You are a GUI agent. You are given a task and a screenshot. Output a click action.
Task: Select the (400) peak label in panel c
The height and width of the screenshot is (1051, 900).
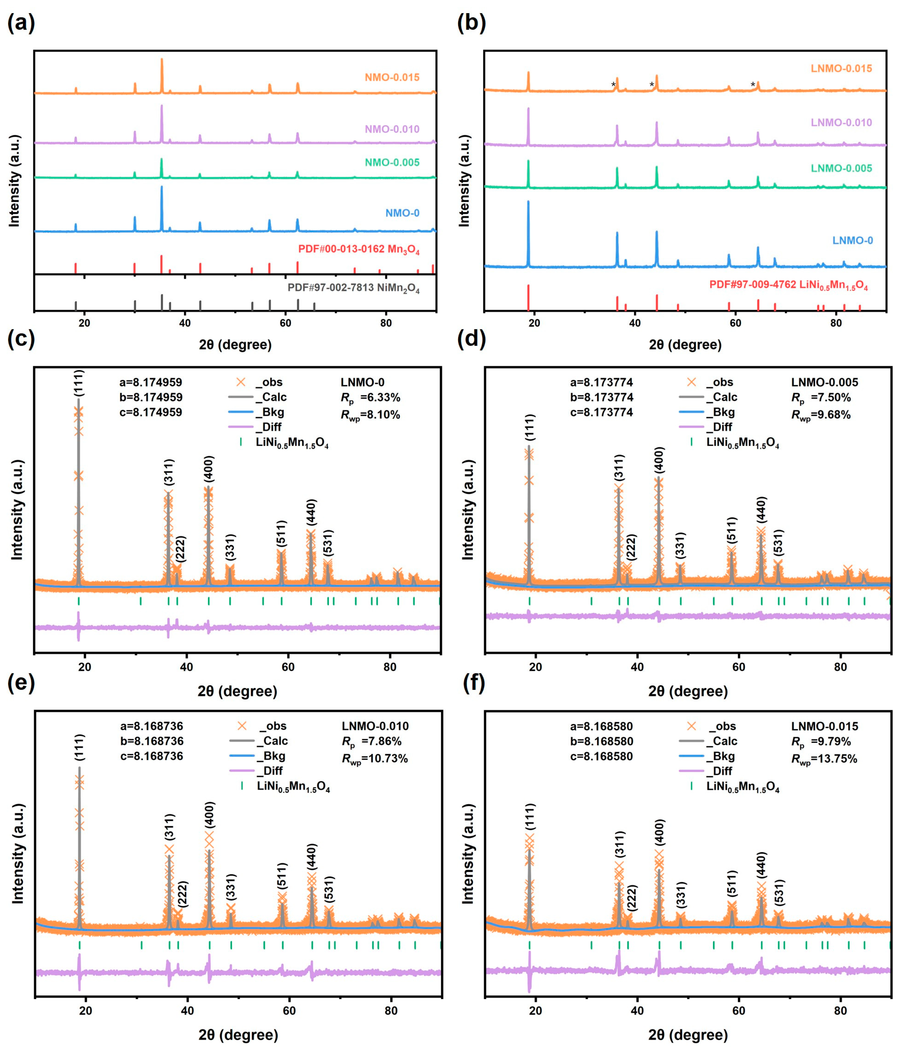208,469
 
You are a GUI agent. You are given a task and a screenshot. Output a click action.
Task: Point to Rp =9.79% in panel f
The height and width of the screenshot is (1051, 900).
821,742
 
